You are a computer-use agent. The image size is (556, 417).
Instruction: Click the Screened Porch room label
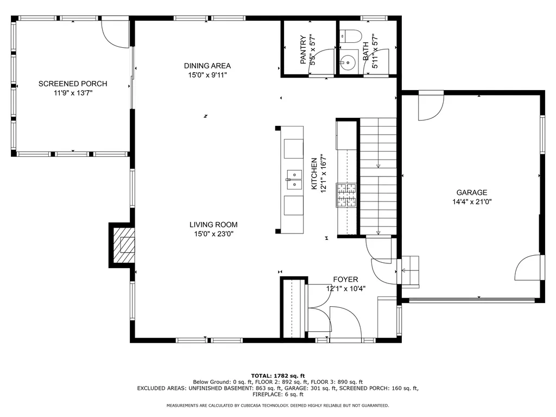click(72, 84)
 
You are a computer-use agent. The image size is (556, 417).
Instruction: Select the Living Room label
click(213, 224)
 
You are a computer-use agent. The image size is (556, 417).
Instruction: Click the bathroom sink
click(346, 63)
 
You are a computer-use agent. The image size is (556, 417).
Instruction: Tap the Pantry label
click(303, 50)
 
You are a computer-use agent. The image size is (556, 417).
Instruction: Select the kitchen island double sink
click(294, 179)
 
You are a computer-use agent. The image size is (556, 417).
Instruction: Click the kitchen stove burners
click(346, 195)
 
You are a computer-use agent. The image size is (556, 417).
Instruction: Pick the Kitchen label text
click(314, 174)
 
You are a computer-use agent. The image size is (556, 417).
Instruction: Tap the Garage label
click(471, 192)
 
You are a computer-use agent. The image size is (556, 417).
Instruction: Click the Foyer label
click(345, 280)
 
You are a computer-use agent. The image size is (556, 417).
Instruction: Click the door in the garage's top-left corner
click(431, 108)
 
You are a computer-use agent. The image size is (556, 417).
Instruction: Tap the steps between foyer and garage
click(410, 270)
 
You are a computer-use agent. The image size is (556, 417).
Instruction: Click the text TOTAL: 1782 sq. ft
click(277, 376)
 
